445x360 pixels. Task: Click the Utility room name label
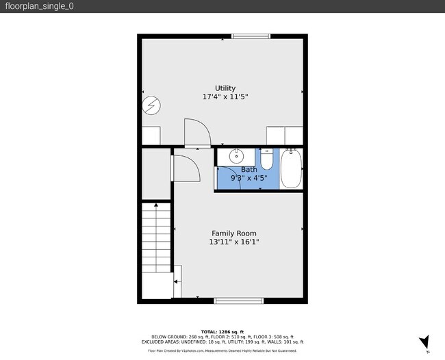(225, 88)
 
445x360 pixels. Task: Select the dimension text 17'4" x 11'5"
(225, 97)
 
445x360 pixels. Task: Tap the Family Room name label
(233, 233)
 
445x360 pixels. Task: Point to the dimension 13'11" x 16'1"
(233, 242)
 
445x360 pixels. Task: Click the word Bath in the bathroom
(249, 169)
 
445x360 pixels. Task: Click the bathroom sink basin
(236, 155)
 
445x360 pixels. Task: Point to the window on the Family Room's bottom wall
(238, 300)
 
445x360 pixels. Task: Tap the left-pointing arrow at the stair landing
(176, 281)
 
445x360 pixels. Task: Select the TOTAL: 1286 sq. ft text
(222, 331)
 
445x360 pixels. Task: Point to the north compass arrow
(424, 342)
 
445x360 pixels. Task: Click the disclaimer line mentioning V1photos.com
(222, 350)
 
